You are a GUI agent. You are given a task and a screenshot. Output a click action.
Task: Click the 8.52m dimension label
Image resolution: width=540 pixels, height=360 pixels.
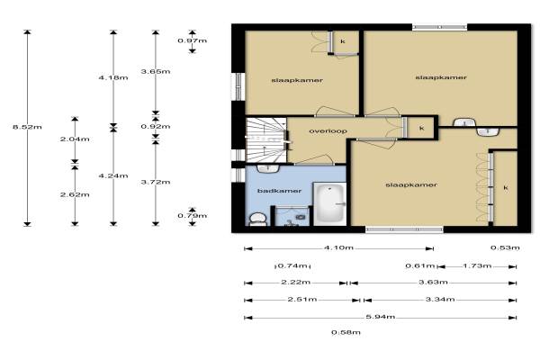point(27,127)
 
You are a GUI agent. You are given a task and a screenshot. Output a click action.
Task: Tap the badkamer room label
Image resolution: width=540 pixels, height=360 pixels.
point(279,191)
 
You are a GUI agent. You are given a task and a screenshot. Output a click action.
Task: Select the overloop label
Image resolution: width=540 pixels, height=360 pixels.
point(328,130)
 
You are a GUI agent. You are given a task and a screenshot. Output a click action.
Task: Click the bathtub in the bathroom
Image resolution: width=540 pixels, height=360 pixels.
point(329,203)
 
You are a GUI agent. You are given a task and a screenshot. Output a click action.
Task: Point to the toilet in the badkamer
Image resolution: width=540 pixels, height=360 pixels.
point(257,219)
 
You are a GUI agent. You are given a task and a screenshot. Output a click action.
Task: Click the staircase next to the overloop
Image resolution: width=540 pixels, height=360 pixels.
point(265,139)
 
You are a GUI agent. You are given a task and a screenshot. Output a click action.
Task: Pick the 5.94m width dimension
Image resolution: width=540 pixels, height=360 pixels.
point(380,317)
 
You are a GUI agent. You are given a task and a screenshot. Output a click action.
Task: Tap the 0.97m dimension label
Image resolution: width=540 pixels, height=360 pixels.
point(193,40)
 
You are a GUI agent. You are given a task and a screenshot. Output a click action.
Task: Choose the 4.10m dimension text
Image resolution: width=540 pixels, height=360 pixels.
point(338,247)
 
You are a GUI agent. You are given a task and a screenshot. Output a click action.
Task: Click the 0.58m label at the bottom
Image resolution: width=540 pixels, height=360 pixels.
point(346,332)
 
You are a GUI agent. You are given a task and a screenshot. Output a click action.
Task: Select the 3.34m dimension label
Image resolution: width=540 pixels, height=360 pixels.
point(440,300)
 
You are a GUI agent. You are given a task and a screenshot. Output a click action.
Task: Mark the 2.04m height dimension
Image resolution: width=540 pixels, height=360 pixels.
point(75,139)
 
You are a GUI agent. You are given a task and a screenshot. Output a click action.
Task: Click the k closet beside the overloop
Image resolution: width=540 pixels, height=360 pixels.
point(421,128)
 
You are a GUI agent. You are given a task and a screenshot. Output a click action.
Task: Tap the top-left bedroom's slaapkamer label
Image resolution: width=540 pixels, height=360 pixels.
point(297,81)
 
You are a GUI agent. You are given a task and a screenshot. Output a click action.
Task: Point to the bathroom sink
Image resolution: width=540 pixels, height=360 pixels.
point(268,169)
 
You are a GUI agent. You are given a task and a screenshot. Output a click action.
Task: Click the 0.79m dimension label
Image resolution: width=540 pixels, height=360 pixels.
point(193,216)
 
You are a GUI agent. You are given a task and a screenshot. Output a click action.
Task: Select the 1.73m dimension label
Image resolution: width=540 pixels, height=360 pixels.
point(477,266)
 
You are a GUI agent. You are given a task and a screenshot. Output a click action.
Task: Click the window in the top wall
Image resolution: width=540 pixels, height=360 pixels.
point(439,27)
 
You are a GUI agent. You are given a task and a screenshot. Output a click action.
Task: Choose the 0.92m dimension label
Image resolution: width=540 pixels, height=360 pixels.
point(156,126)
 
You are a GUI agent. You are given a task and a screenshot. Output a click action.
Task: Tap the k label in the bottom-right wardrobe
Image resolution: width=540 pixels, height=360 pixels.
point(506,188)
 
